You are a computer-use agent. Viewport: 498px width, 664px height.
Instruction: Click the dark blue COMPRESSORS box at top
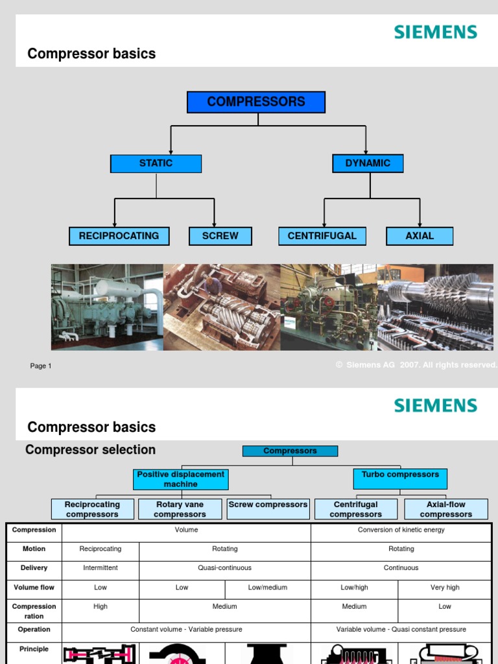(x=256, y=102)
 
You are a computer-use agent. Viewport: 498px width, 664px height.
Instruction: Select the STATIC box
(x=156, y=163)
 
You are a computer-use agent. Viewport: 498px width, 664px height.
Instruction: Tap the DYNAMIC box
(x=368, y=163)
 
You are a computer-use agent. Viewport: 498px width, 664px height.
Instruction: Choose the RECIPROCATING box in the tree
(x=119, y=236)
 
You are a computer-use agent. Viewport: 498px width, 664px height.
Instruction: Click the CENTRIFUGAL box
(x=322, y=236)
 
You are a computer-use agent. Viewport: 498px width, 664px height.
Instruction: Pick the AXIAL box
(x=420, y=236)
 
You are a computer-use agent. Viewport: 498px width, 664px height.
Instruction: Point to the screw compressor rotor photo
(x=222, y=307)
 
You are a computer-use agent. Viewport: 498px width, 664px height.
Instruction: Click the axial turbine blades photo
(x=435, y=307)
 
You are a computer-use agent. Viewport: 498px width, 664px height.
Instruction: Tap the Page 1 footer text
(x=41, y=366)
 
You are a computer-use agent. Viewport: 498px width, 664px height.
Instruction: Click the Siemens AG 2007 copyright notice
(x=416, y=365)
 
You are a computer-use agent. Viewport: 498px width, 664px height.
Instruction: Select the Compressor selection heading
(x=90, y=450)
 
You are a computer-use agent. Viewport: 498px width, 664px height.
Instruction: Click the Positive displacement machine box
(x=181, y=479)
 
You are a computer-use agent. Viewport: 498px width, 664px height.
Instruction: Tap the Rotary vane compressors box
(x=180, y=509)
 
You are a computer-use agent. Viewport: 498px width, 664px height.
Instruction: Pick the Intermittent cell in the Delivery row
(x=101, y=568)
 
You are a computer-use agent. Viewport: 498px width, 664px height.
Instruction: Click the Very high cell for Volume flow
(x=445, y=587)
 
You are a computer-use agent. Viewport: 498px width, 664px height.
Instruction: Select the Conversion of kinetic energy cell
(x=401, y=530)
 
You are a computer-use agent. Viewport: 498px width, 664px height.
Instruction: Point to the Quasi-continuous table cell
(x=225, y=568)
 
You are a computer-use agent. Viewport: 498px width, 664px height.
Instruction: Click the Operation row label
(x=34, y=630)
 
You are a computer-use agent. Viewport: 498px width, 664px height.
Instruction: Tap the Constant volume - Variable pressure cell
(x=186, y=630)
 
